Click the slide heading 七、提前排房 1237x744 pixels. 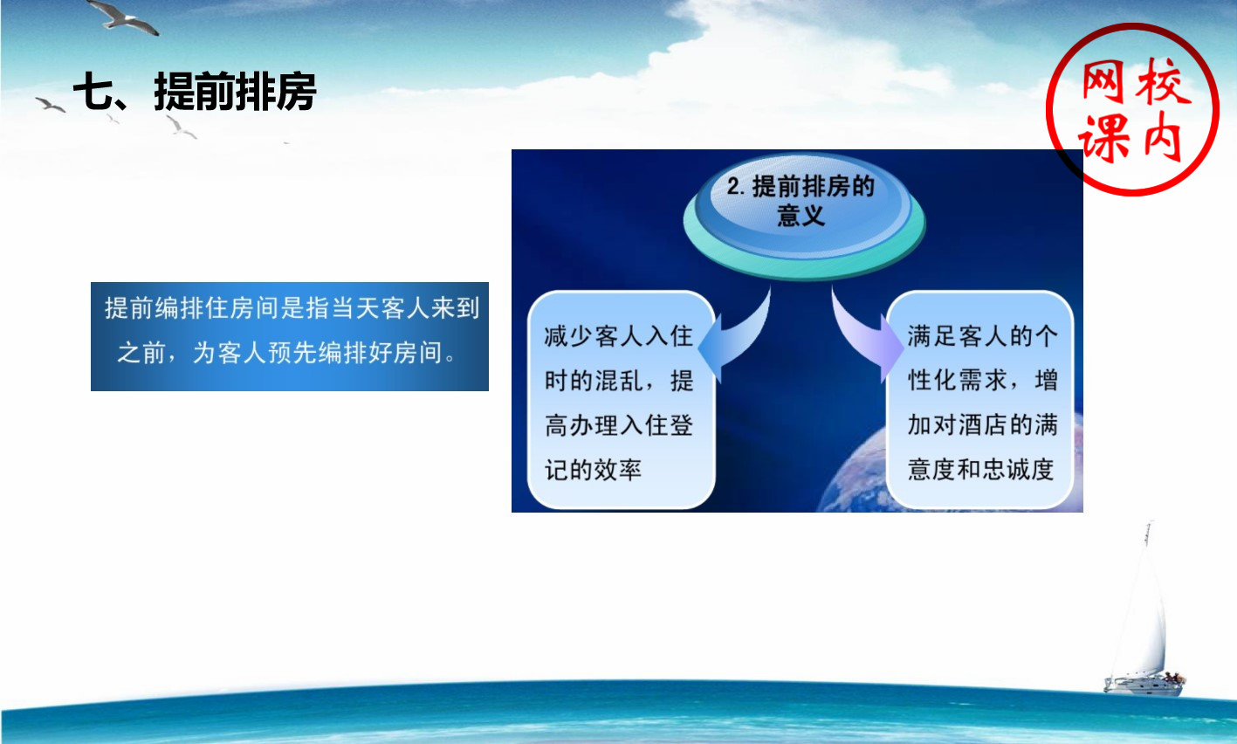pyautogui.click(x=195, y=92)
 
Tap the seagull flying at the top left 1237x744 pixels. pyautogui.click(x=124, y=17)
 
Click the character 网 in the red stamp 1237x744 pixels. pyautogui.click(x=1103, y=82)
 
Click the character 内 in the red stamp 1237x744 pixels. pyautogui.click(x=1162, y=136)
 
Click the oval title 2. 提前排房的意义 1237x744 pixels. pyautogui.click(x=801, y=201)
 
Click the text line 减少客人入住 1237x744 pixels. pyautogui.click(x=618, y=336)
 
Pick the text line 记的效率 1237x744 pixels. pyautogui.click(x=593, y=470)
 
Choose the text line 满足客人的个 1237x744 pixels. pyautogui.click(x=982, y=336)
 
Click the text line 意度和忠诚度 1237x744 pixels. pyautogui.click(x=980, y=470)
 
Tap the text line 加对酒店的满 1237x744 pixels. pyautogui.click(x=982, y=424)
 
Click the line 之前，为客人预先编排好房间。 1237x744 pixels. pyautogui.click(x=287, y=353)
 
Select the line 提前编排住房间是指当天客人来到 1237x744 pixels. pyautogui.click(x=292, y=307)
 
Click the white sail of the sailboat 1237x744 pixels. pyautogui.click(x=1142, y=613)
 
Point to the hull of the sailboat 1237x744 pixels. pyautogui.click(x=1143, y=687)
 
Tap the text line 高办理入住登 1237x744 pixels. pyautogui.click(x=618, y=425)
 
